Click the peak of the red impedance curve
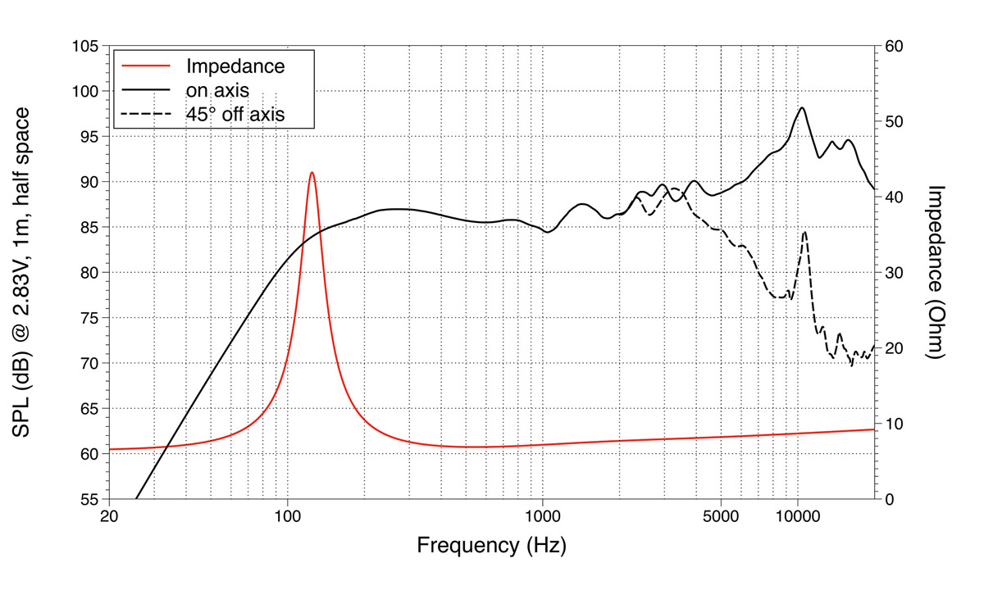tap(312, 173)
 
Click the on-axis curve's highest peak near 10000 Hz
tap(802, 108)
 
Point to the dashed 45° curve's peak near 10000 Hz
tap(804, 232)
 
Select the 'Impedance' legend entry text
tap(235, 66)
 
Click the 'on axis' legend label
tap(217, 90)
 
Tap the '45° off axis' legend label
tap(235, 114)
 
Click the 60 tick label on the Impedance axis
tap(895, 47)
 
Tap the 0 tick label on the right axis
tap(891, 499)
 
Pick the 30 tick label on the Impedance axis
tap(895, 273)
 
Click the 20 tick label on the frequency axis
tap(109, 517)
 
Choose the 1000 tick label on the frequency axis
tap(542, 517)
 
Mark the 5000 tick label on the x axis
tap(721, 517)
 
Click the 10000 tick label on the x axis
tap(798, 517)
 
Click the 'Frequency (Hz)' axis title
tap(491, 545)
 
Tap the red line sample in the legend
tap(146, 66)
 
